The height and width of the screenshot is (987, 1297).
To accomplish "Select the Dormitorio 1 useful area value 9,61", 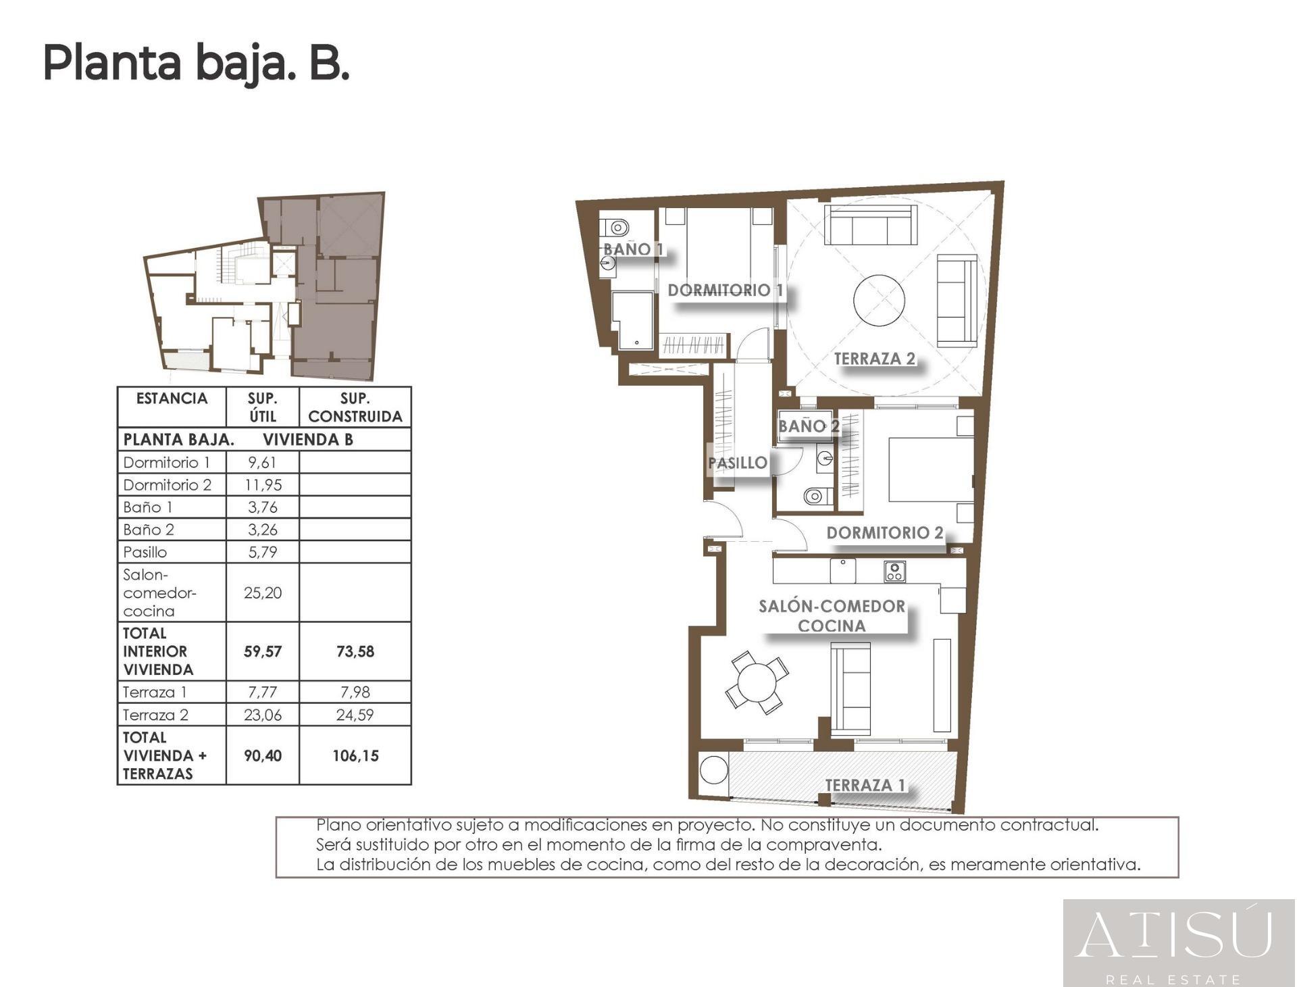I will click(x=262, y=463).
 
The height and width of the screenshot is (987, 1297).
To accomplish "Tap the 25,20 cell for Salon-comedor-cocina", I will click(x=262, y=593).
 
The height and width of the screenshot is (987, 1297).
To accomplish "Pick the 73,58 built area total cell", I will click(x=355, y=651).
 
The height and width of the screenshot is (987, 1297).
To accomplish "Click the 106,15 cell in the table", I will click(x=355, y=755).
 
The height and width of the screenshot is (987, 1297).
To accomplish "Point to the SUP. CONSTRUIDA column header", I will click(x=355, y=407).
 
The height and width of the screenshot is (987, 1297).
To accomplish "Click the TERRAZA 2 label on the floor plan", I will click(x=874, y=359).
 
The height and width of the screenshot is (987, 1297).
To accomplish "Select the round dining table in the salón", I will click(x=757, y=682).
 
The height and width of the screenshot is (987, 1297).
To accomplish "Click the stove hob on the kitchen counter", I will click(x=894, y=572).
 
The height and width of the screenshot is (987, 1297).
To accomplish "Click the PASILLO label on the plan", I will click(x=737, y=463).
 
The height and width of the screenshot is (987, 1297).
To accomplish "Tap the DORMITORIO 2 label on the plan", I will click(x=884, y=532).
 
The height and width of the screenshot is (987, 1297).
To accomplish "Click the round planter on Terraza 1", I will click(x=712, y=770).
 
